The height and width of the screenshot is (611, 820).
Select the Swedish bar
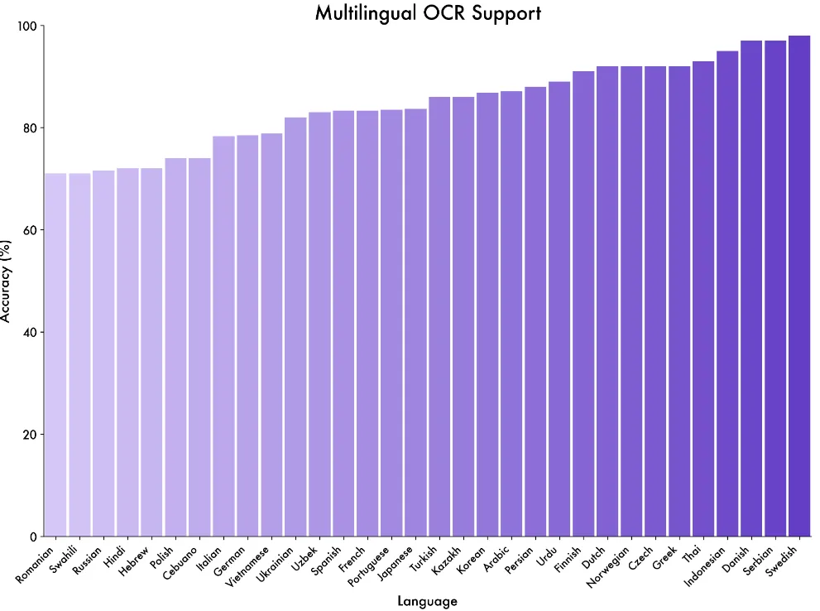click(x=799, y=286)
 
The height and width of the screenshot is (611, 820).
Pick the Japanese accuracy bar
click(x=415, y=323)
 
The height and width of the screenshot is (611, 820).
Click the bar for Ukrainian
click(x=295, y=327)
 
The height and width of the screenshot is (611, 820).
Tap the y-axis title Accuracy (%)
click(x=7, y=281)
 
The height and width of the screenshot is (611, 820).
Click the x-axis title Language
click(x=427, y=601)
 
